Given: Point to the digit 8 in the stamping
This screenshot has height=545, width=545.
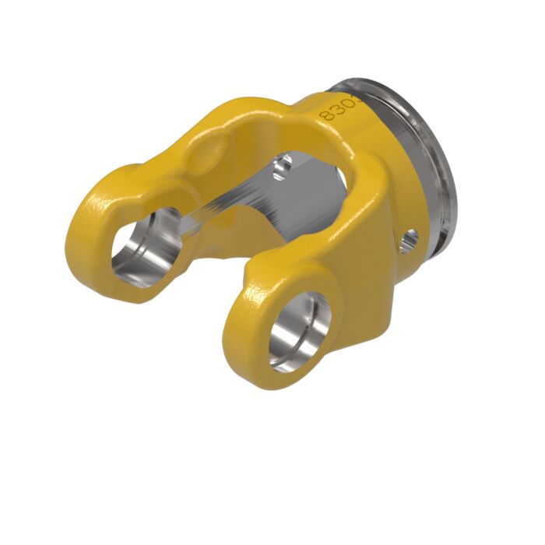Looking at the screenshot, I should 325,115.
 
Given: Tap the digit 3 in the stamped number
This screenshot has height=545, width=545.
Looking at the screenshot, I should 334,109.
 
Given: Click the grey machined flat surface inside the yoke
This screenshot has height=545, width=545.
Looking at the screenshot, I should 257,202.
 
